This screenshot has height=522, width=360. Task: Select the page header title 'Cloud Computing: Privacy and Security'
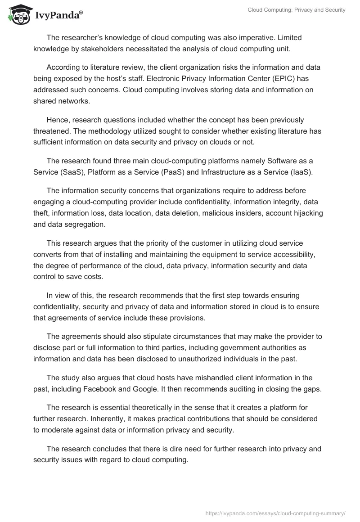point(297,10)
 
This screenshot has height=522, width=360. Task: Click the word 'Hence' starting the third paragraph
point(57,120)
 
